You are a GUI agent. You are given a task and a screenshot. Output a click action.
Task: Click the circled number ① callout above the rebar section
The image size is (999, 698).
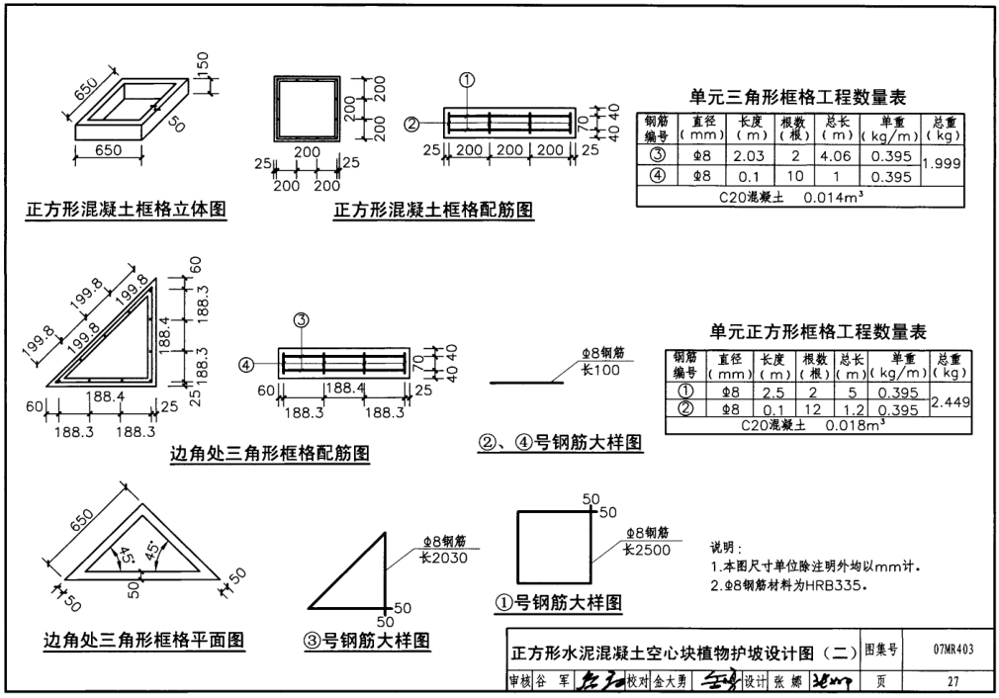[x=469, y=81]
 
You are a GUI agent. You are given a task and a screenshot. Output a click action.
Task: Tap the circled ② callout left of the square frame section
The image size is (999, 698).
[x=411, y=124]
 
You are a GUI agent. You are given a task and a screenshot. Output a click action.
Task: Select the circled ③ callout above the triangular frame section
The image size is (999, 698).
[x=303, y=319]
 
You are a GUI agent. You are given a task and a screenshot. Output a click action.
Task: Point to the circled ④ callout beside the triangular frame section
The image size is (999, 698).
[x=247, y=365]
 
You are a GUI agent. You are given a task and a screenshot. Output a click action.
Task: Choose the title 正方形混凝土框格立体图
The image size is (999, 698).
[x=128, y=210]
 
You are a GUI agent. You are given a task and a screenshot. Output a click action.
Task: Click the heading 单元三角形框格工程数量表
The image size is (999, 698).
[x=797, y=97]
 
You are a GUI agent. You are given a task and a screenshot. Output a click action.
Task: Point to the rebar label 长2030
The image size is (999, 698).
[x=442, y=558]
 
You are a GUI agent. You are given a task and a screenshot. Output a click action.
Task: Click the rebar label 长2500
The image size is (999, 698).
[x=647, y=549]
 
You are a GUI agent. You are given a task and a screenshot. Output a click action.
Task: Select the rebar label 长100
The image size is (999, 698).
[x=604, y=369]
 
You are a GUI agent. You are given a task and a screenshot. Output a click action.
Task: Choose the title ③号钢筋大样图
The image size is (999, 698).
[x=367, y=641]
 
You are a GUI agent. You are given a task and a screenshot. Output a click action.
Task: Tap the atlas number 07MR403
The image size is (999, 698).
[x=953, y=650]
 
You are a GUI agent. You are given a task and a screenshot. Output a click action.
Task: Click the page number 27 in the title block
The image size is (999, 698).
[x=953, y=681]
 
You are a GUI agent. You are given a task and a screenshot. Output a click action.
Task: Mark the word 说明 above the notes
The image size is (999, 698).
[x=726, y=548]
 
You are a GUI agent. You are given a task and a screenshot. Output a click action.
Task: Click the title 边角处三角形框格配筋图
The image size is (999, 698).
[x=270, y=454]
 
